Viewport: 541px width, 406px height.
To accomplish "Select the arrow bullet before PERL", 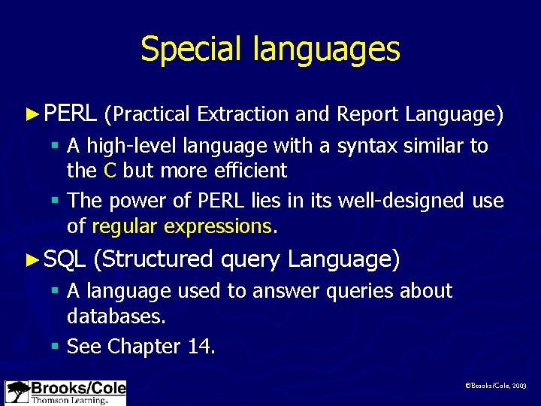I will tap(31, 114).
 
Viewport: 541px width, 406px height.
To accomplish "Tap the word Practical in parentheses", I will tap(149, 114).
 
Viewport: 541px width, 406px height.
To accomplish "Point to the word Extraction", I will tap(243, 114).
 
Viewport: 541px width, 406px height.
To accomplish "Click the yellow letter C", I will tap(110, 171).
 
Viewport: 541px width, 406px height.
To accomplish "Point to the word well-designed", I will tap(402, 201).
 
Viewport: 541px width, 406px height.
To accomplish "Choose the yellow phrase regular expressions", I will tap(181, 226).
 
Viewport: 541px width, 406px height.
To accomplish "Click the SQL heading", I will tap(63, 260).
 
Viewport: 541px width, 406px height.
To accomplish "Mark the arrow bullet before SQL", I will tap(31, 260).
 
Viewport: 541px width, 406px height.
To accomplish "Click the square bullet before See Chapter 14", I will tap(56, 347).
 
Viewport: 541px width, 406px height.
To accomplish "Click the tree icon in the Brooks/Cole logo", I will tap(17, 392).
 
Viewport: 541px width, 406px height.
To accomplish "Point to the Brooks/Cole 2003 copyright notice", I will tap(496, 385).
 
